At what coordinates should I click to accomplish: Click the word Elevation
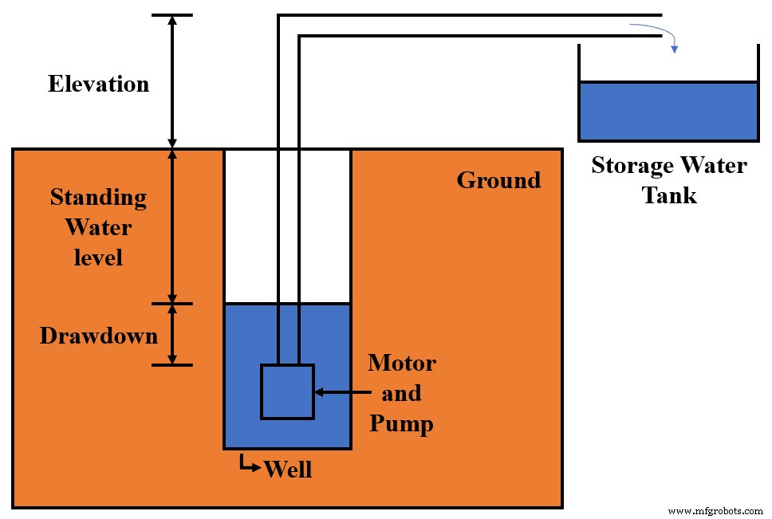(98, 84)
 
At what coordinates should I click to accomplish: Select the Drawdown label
(98, 336)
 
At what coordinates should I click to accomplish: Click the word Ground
(498, 180)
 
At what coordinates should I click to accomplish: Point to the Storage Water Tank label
(668, 180)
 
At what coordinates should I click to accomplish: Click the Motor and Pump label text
(401, 393)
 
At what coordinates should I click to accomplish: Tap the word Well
(287, 469)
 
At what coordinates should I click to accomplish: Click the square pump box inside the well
(287, 391)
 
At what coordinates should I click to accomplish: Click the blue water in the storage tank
(668, 112)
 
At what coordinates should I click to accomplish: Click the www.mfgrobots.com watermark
(714, 510)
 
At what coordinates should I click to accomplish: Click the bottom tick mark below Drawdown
(171, 365)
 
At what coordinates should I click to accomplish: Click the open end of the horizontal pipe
(660, 26)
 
